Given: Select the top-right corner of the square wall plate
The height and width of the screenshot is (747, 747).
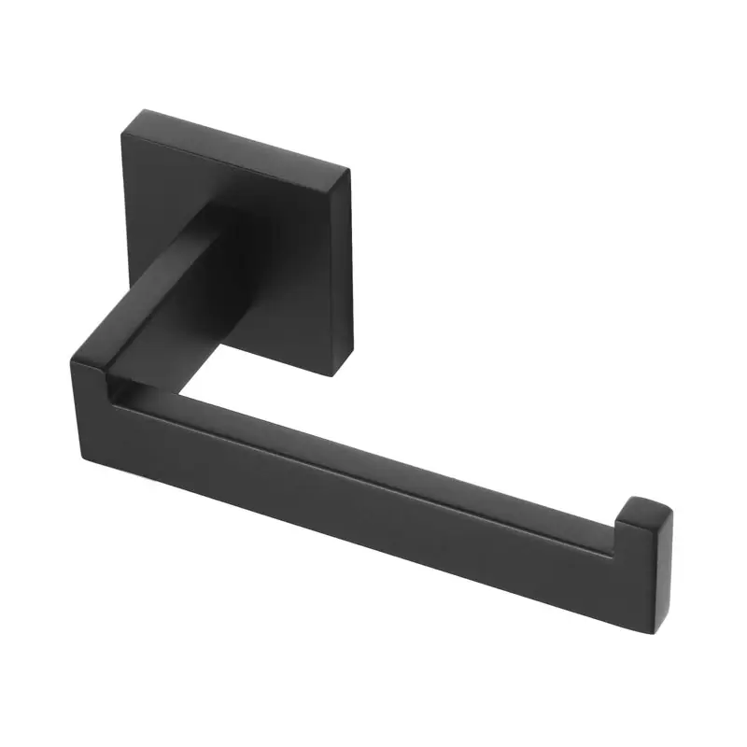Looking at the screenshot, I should [x=348, y=169].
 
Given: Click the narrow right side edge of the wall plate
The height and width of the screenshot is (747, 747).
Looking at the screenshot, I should [x=344, y=271].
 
